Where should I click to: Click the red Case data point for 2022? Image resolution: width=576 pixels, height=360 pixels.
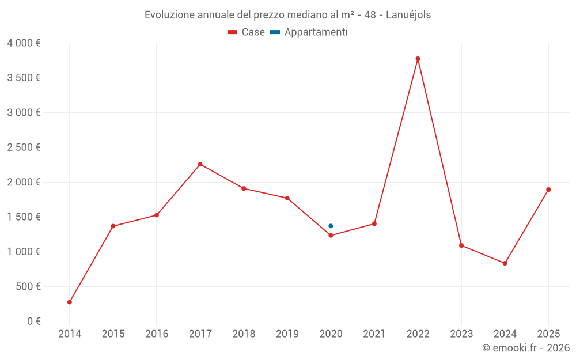[418, 59]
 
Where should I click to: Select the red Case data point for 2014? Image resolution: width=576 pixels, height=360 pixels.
[70, 302]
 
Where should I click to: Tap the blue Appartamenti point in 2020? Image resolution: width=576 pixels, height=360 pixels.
[331, 226]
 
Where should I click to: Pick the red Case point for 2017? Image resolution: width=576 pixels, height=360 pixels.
[200, 164]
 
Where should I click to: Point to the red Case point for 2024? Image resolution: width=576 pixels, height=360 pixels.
[505, 263]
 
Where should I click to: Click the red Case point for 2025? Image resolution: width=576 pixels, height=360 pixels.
[548, 190]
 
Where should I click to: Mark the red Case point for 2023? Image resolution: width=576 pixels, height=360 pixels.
[461, 245]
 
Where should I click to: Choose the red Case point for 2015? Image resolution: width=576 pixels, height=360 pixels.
[113, 226]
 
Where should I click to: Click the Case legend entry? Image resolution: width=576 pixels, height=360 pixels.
[246, 32]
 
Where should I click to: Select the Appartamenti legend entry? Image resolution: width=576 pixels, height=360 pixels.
[309, 32]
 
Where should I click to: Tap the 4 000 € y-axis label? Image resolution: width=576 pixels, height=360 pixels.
[24, 43]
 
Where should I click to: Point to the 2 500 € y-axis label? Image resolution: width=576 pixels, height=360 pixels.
[24, 147]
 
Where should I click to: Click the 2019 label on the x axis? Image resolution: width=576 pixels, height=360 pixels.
[287, 334]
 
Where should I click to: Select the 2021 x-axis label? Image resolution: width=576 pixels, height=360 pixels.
[374, 334]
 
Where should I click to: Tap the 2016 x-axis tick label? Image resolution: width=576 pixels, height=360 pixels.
[157, 334]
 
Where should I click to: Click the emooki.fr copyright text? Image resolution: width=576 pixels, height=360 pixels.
[526, 347]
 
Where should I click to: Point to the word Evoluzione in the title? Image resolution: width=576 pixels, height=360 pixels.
[169, 14]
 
